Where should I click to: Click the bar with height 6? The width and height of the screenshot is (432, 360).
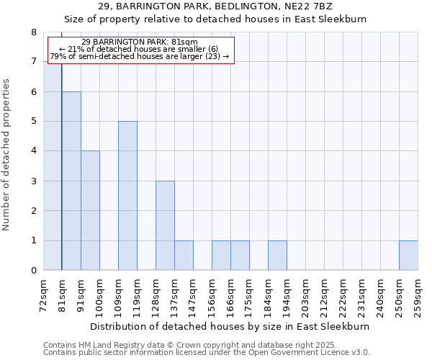coord(71,181)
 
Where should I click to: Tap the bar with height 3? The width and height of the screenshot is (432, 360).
coord(165,225)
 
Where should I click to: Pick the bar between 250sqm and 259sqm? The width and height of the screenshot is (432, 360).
coord(408,256)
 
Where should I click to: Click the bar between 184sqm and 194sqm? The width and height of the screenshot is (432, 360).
coord(277,256)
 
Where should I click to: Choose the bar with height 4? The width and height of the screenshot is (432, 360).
coord(90,210)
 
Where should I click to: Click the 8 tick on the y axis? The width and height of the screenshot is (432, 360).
coord(33,32)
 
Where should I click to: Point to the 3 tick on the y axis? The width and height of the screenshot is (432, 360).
coord(33,181)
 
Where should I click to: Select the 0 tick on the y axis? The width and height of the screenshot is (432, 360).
coord(33,271)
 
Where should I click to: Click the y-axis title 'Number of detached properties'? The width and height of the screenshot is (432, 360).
coord(7,155)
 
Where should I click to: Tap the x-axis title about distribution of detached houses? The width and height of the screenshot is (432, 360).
coord(230,326)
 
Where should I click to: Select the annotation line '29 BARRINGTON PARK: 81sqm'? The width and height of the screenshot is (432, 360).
coord(140,42)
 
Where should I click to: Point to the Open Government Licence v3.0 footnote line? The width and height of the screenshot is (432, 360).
coord(207,353)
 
